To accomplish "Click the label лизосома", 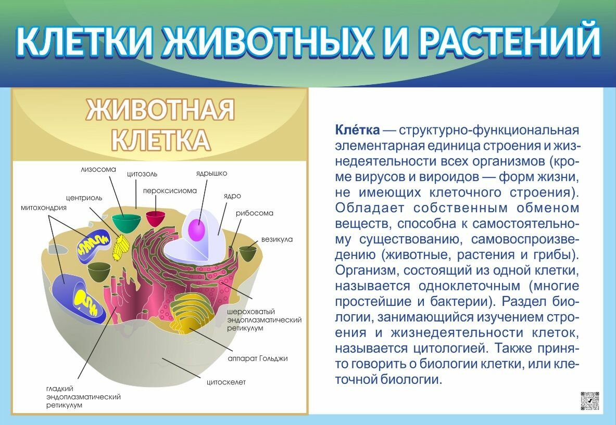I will [x=98, y=169].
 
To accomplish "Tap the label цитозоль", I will [x=142, y=174].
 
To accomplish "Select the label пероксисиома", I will [x=170, y=191].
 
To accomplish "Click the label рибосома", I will [x=254, y=213].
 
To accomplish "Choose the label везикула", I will [x=276, y=239].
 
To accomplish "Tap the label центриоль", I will [x=84, y=198].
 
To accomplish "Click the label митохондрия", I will [x=44, y=208].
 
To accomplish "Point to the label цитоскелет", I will [x=226, y=382].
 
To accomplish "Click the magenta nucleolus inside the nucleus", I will [x=196, y=230].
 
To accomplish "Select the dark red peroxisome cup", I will [x=155, y=218].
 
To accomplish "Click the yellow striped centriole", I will [x=120, y=246].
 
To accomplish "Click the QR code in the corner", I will [x=589, y=401].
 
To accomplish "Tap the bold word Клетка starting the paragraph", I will [x=357, y=129].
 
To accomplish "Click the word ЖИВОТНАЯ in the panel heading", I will [x=160, y=110].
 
